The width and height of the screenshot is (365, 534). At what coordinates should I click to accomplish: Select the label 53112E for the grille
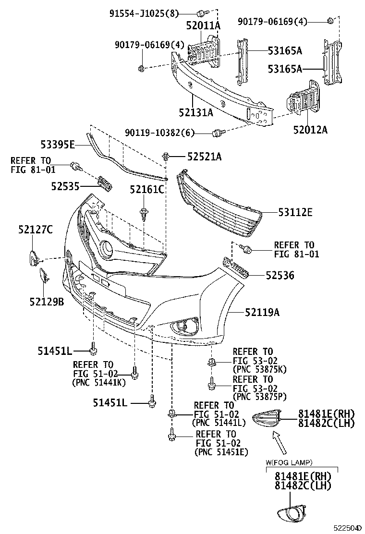294,212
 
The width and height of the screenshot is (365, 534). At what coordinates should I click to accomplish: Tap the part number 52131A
195,113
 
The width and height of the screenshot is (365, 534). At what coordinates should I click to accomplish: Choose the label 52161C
146,190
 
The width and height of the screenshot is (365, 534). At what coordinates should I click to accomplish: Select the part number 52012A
310,129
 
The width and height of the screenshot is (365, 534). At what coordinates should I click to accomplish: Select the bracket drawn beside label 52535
104,183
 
